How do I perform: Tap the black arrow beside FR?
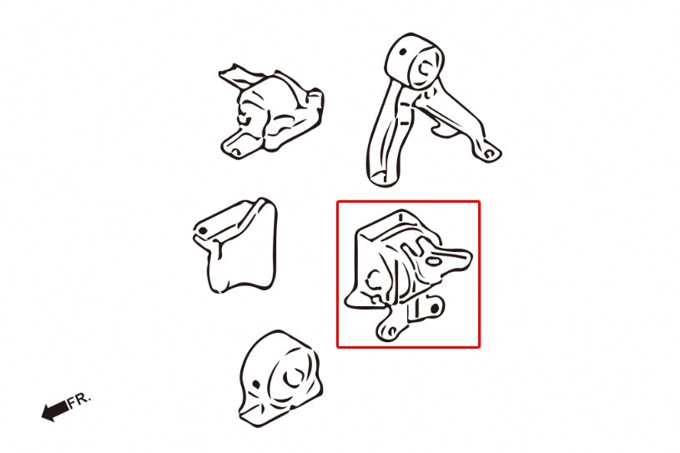tap(54, 410)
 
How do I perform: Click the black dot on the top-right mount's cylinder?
tap(402, 52)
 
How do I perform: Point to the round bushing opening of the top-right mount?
tap(425, 68)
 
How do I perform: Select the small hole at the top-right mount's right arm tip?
tap(489, 153)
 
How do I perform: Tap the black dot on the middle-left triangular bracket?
tap(203, 231)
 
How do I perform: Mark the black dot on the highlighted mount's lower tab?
tap(435, 308)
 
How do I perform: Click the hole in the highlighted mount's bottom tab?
tap(391, 332)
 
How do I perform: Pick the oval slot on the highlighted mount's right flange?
tap(433, 261)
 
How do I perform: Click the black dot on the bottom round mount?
tap(256, 384)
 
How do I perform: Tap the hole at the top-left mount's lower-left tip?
tap(234, 151)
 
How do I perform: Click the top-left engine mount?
tap(271, 112)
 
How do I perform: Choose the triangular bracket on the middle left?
tap(235, 246)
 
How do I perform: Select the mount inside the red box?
tap(408, 275)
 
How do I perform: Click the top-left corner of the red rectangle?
tap(338, 202)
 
